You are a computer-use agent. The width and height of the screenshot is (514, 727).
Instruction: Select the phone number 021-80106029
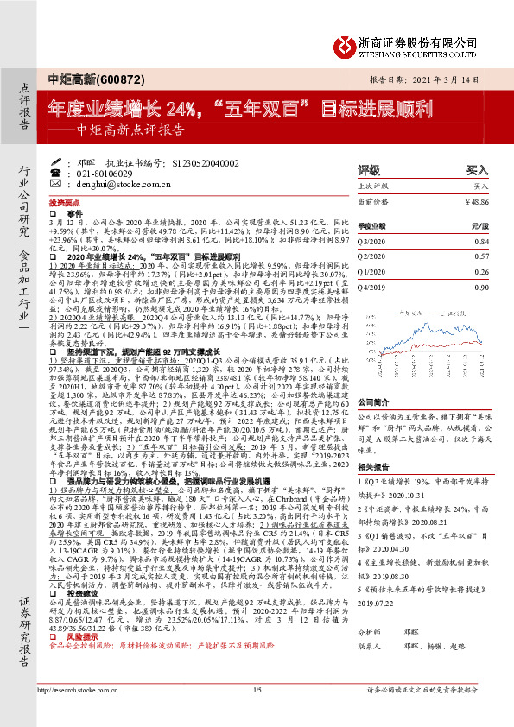pos(115,173)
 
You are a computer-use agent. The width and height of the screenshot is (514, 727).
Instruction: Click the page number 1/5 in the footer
pos(257,714)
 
